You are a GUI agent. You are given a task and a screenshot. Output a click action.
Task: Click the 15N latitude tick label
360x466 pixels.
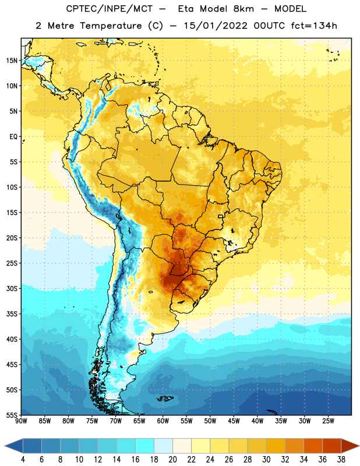pos(12,61)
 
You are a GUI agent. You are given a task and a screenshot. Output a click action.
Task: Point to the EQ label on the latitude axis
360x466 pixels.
pos(13,137)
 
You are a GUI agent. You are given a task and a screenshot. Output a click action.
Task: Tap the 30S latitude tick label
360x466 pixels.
pos(12,288)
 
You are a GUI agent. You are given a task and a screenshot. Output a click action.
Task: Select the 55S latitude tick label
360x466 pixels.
pos(12,415)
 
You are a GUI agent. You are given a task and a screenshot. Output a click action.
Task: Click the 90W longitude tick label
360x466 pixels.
pos(21,421)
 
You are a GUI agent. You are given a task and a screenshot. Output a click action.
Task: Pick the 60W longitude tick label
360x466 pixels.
pos(163,421)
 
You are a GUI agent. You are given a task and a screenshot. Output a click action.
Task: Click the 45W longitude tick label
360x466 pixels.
pos(234,421)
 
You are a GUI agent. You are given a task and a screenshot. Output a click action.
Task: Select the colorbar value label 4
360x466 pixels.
pos(23,460)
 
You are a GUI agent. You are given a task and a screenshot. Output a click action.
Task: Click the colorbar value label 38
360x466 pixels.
pos(341,460)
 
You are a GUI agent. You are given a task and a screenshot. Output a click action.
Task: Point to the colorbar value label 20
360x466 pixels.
pos(172,460)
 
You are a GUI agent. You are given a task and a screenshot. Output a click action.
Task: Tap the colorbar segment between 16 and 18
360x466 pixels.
pos(145,446)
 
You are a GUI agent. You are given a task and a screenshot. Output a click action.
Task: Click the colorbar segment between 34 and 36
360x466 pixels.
pos(313,446)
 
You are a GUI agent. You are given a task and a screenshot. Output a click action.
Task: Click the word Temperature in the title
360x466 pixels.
pos(111,26)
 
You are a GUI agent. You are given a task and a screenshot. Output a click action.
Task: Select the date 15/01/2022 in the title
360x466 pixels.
pos(215,26)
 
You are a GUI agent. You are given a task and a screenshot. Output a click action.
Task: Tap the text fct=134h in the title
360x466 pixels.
pos(314,26)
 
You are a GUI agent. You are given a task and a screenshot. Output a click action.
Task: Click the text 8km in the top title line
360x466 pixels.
pos(243,9)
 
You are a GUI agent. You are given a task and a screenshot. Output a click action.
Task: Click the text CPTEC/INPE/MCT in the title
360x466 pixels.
pos(109,9)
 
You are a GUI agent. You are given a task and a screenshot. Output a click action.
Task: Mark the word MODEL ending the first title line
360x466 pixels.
pos(290,9)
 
